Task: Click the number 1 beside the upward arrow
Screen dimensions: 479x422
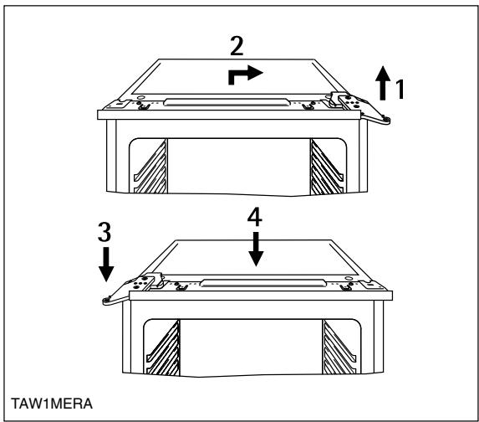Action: coord(400,89)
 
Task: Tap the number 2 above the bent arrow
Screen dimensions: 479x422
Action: coord(237,46)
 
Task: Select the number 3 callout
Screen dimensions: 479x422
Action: coord(104,232)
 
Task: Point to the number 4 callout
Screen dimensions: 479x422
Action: coord(255,217)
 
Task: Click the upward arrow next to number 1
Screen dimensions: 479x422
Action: coord(383,83)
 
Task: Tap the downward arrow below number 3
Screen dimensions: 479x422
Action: coord(106,264)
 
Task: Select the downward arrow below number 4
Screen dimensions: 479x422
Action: coord(256,249)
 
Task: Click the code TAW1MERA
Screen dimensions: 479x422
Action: coord(52,404)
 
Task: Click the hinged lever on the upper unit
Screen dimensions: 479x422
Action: coord(358,106)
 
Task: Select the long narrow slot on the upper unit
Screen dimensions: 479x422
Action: coord(226,102)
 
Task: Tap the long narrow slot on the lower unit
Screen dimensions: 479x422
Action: coord(262,283)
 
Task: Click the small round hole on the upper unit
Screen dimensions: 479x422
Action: coord(140,98)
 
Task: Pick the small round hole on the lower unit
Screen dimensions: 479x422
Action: coord(348,278)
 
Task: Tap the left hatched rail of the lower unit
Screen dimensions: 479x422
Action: coord(163,348)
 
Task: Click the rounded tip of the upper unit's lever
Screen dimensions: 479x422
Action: coord(387,121)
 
